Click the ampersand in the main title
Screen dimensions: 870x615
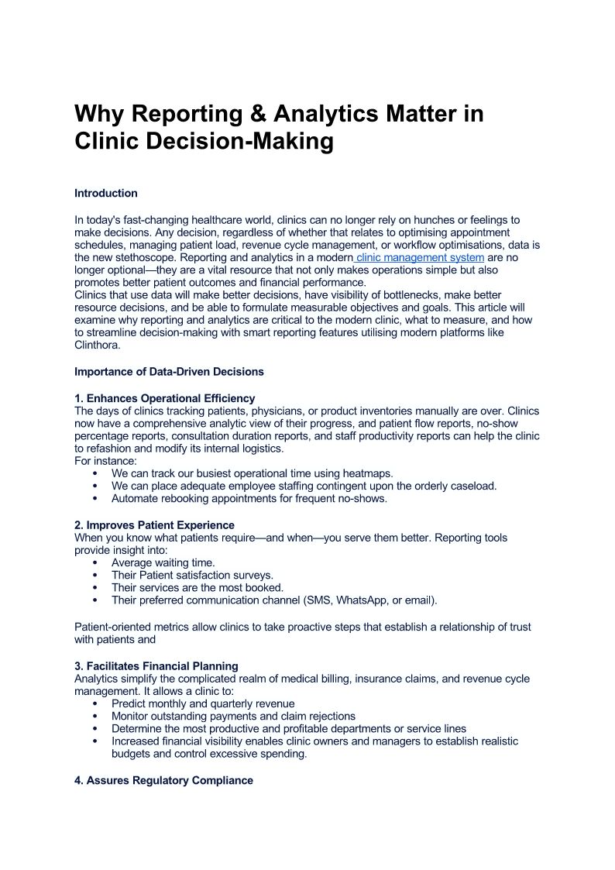pyautogui.click(x=258, y=114)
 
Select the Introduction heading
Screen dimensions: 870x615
pyautogui.click(x=106, y=193)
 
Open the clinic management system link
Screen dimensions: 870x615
pyautogui.click(x=420, y=257)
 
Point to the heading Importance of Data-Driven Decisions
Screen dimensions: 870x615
pyautogui.click(x=169, y=372)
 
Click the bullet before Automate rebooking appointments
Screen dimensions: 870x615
pyautogui.click(x=95, y=498)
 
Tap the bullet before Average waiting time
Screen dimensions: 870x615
pyautogui.click(x=95, y=562)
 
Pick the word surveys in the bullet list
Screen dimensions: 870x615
pyautogui.click(x=253, y=575)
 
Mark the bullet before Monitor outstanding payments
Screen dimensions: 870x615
pyautogui.click(x=95, y=716)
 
